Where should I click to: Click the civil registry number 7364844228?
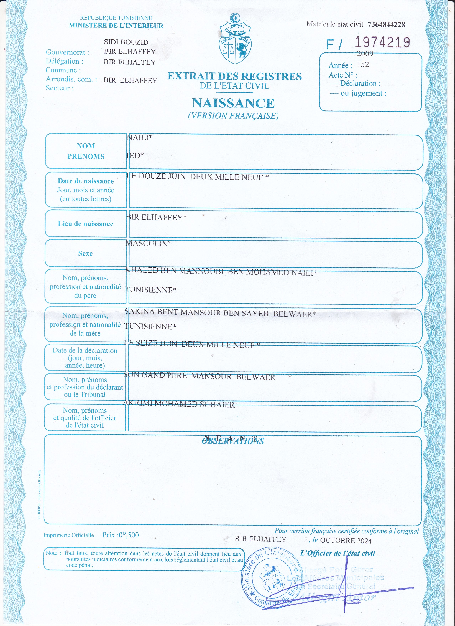(386, 25)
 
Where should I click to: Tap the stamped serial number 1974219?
(382, 42)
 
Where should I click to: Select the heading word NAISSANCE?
(233, 103)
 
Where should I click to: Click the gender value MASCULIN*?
(148, 243)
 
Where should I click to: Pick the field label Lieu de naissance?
(85, 224)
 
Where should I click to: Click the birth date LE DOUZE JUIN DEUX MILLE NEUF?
(197, 177)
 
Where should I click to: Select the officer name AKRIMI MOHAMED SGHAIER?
(180, 404)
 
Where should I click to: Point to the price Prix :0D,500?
(121, 535)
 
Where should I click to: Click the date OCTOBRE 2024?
(346, 541)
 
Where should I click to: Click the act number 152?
(363, 65)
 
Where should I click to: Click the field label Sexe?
(85, 253)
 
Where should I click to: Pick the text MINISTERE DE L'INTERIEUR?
(116, 26)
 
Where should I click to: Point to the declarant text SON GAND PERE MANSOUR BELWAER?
(199, 376)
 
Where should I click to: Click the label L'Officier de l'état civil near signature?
(338, 553)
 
